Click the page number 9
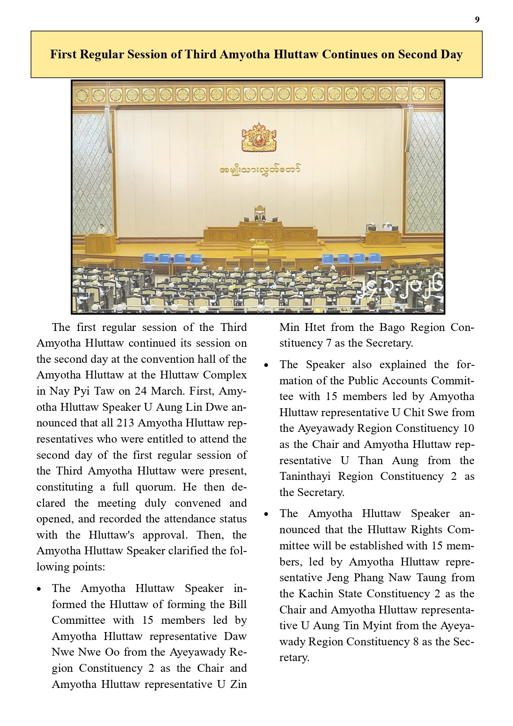477,20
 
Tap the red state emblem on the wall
259,138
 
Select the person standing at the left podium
102,229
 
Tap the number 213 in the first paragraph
125,423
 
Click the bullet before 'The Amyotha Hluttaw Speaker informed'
39,589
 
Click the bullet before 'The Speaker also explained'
267,365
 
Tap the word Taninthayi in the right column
305,477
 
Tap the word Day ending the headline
451,55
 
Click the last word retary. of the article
294,658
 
